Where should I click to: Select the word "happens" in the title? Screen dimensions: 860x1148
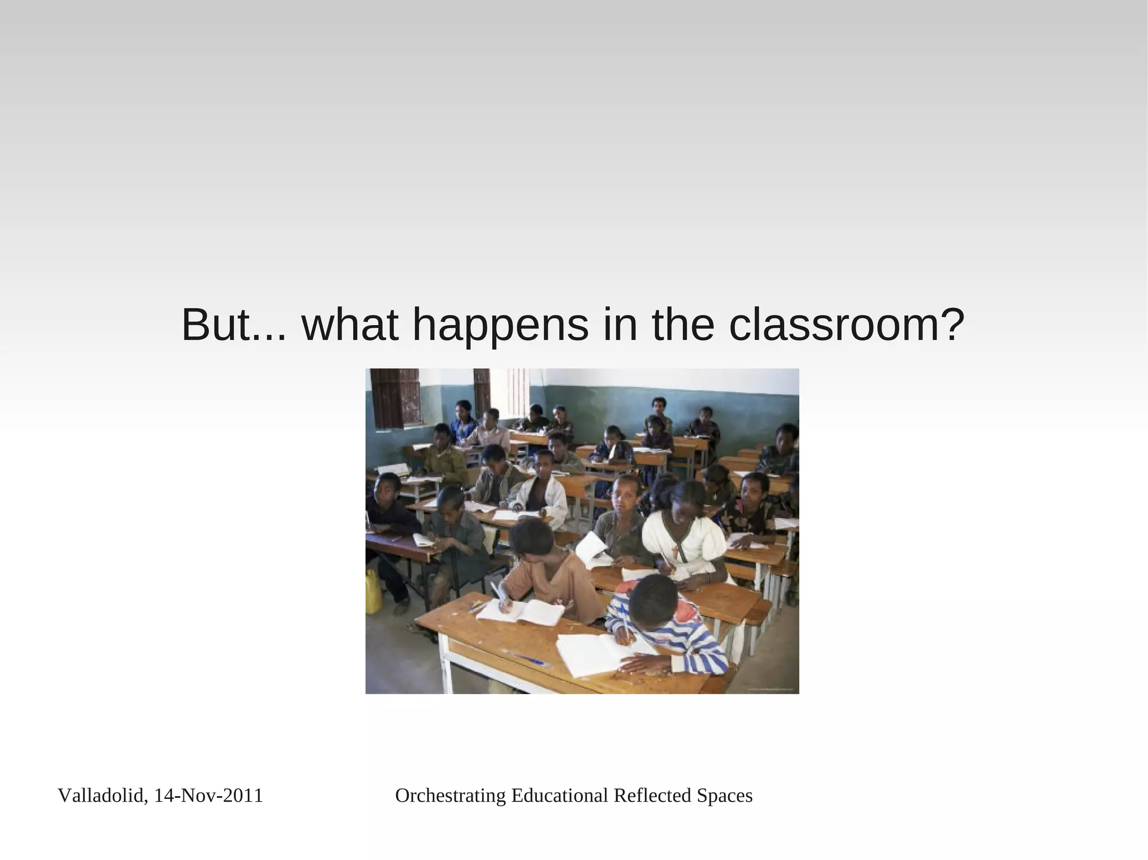[501, 326]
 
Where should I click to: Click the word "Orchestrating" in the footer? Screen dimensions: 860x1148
[451, 796]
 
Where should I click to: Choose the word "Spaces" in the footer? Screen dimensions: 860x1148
[724, 796]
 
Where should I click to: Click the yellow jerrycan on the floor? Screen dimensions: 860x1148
[373, 592]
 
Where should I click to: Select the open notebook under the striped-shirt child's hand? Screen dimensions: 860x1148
[594, 653]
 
